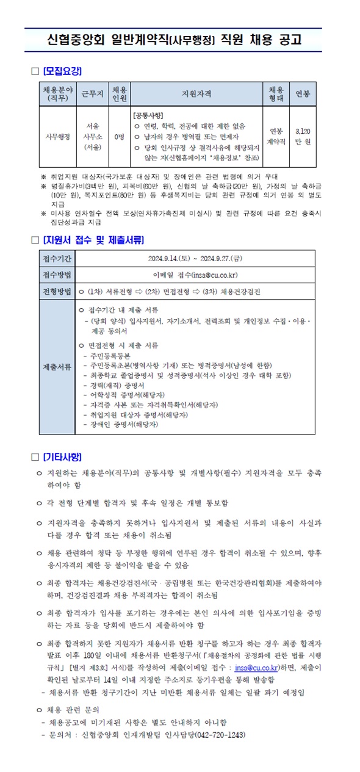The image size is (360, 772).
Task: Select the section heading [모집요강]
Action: point(62,71)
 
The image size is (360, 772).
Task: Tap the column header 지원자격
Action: point(196,94)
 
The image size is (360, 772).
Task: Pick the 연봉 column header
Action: point(303,94)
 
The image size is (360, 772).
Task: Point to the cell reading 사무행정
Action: point(58,136)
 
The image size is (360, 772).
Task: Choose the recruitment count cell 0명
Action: point(119,136)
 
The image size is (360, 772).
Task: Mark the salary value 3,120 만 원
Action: point(303,136)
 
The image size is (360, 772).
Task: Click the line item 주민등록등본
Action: point(110,355)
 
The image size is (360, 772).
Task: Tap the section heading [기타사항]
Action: point(62,456)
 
